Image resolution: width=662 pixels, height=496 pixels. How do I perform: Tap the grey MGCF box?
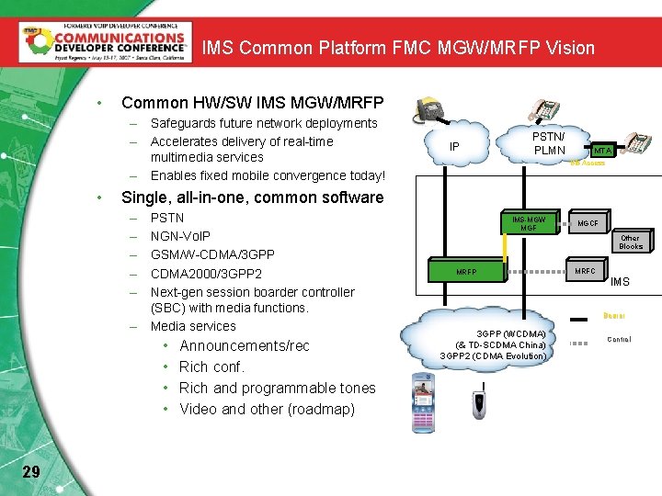click(588, 224)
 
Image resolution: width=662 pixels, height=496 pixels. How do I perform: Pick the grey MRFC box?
click(585, 271)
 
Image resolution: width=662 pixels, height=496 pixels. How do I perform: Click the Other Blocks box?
click(631, 242)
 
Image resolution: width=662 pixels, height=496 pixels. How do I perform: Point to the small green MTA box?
click(601, 150)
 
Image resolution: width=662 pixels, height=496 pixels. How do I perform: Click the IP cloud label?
click(454, 147)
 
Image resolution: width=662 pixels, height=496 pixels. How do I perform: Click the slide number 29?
click(30, 471)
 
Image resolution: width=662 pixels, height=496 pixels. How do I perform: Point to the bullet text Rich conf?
click(211, 366)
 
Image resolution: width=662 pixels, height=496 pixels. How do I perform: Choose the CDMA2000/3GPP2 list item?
click(206, 273)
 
